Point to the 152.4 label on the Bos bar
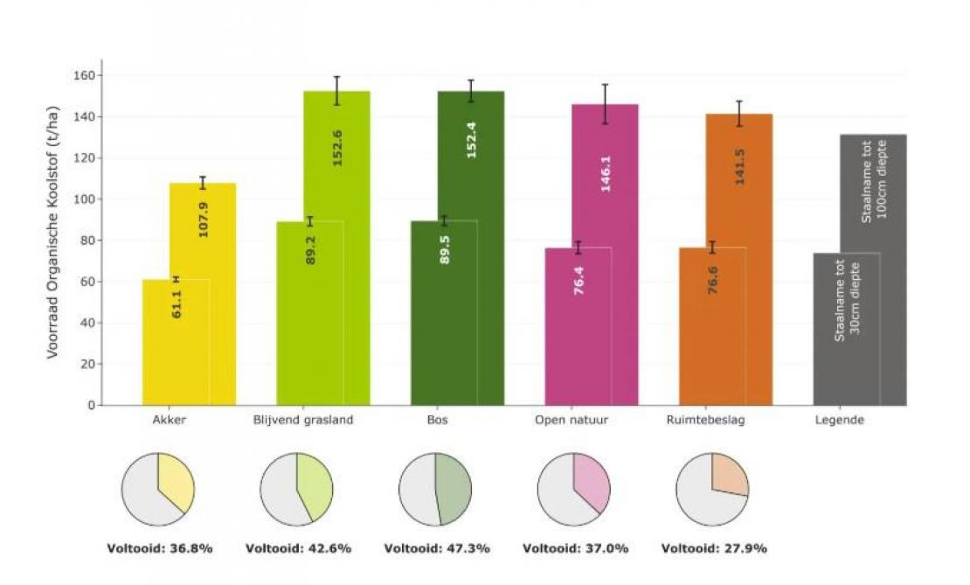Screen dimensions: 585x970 pos(472,141)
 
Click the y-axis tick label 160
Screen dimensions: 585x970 pos(83,75)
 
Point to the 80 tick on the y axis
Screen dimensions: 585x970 pos(87,240)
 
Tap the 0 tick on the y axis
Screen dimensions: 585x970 pos(90,406)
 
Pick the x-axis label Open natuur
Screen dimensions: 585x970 pos(572,421)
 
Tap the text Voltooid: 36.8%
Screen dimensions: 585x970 pos(160,549)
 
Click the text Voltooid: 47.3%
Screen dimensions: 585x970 pos(437,549)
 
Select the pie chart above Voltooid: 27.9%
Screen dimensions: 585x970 pos(712,490)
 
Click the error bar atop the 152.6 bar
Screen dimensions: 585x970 pos(337,90)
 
